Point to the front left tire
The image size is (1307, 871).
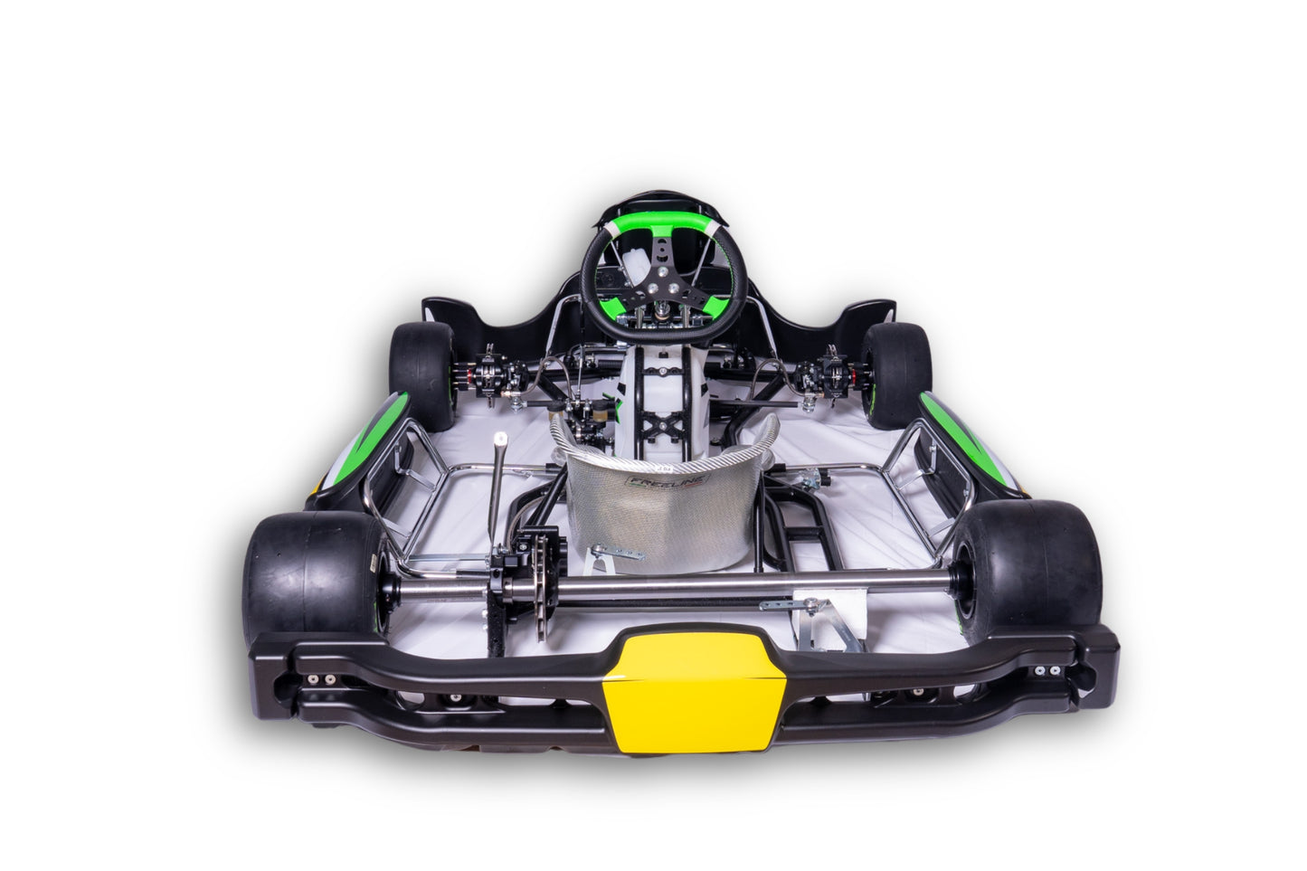point(421,373)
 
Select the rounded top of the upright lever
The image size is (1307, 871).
point(498,440)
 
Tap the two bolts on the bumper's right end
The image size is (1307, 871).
point(1047,670)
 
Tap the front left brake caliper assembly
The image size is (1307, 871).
point(489,370)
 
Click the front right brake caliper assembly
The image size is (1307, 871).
point(830,372)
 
